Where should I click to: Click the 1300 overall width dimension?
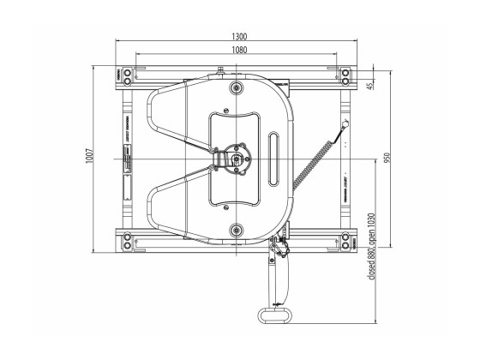pyautogui.click(x=239, y=37)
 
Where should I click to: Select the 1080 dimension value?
pyautogui.click(x=239, y=51)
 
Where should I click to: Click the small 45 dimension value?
pyautogui.click(x=369, y=87)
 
